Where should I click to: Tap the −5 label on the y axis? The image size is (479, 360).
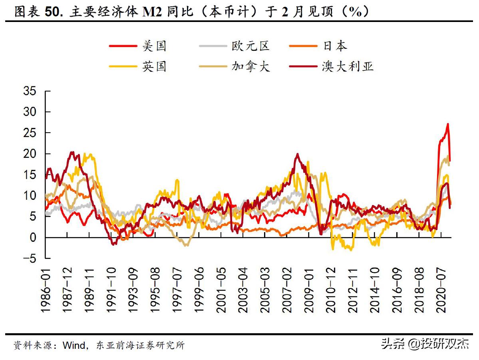tap(29, 259)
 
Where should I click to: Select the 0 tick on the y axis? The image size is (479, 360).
tap(35, 238)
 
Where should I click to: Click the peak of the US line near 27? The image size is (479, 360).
tap(448, 124)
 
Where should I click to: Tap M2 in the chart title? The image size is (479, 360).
tap(149, 12)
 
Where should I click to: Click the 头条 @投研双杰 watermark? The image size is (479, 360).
tap(425, 344)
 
